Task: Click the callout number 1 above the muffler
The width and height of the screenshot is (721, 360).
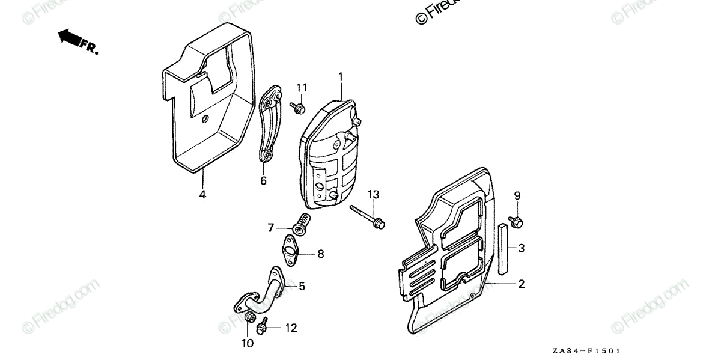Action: click(x=340, y=76)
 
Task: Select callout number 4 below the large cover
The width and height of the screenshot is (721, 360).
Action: click(x=202, y=195)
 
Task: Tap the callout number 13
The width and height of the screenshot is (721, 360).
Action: click(x=374, y=194)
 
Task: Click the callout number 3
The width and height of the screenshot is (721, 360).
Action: click(x=522, y=248)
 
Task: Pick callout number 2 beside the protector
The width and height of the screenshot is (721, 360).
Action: click(x=522, y=284)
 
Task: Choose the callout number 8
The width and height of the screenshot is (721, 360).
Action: click(x=320, y=254)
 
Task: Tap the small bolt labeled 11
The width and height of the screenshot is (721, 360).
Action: click(x=298, y=108)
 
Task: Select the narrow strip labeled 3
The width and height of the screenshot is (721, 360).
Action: click(x=502, y=246)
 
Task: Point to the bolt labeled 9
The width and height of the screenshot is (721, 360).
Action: click(x=515, y=221)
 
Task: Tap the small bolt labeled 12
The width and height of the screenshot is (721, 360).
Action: click(x=261, y=328)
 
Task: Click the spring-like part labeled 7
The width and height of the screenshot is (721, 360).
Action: click(x=301, y=224)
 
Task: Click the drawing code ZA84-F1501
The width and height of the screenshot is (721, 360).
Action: click(x=587, y=350)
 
